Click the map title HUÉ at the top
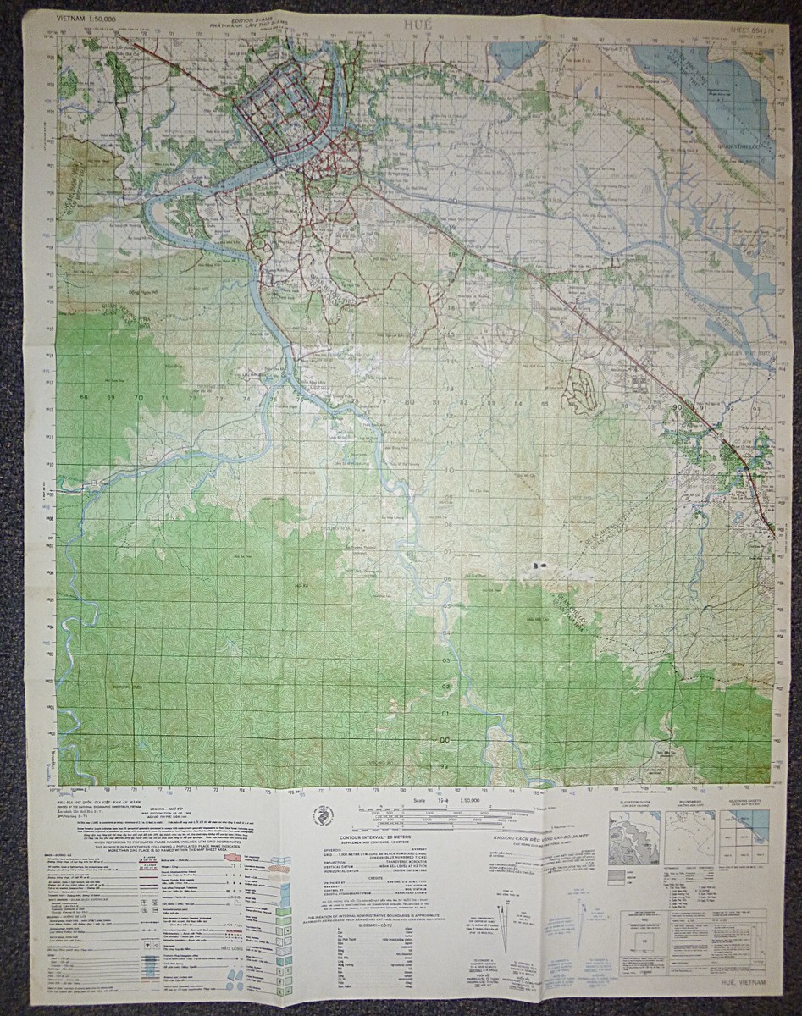(x=417, y=25)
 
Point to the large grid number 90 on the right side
(x=677, y=407)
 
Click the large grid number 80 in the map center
(x=409, y=402)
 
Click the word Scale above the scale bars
(x=417, y=799)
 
